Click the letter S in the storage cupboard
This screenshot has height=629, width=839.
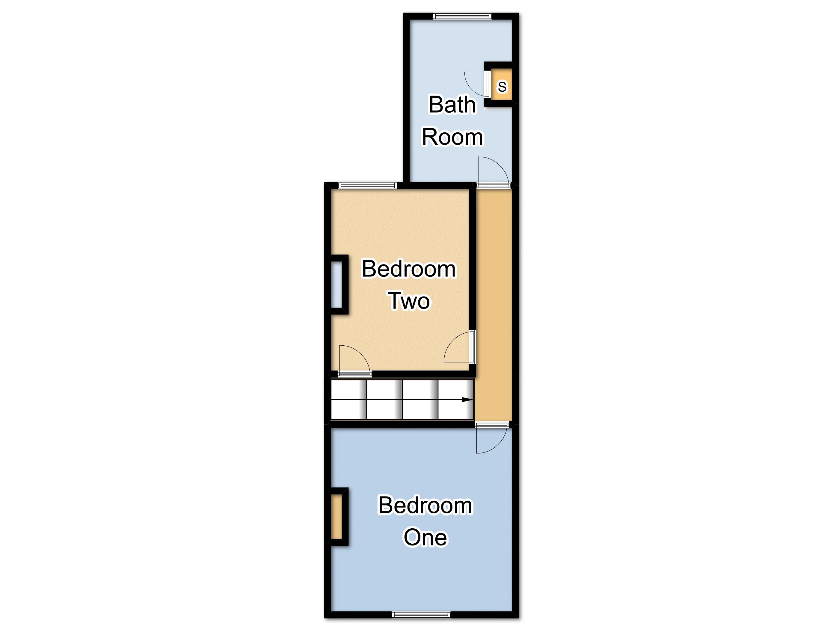pos(502,87)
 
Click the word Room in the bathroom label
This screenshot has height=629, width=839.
pos(452,137)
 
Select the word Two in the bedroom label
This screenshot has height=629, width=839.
pos(410,301)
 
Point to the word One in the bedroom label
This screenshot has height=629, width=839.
pos(425,538)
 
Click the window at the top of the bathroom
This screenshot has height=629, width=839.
pos(462,16)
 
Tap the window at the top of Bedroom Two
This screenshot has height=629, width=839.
pos(368,185)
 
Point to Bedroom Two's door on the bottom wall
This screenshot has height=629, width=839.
pos(355,374)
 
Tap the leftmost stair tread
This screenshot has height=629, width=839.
pos(348,400)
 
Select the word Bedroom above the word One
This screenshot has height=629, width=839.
pos(425,505)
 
